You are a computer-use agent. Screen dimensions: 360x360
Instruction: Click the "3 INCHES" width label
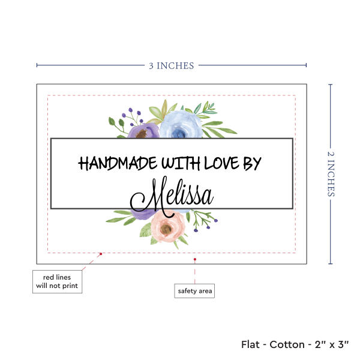171,66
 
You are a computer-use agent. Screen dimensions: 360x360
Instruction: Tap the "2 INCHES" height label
331,174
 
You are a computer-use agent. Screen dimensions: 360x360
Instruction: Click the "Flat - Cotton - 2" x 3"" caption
296,344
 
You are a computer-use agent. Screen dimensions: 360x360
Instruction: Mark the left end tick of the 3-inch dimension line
37,65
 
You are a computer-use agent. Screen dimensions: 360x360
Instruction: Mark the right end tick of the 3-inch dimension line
306,65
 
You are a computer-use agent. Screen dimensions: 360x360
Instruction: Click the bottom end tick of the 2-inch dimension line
331,263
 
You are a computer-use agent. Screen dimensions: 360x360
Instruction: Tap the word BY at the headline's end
253,163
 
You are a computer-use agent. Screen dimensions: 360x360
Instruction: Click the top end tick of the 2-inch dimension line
331,85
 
